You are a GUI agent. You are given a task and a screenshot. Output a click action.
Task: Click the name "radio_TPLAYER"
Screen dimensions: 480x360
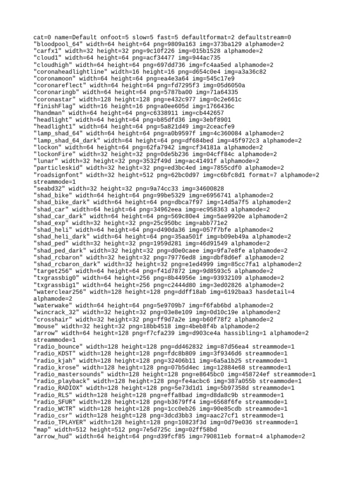(x=59, y=422)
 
